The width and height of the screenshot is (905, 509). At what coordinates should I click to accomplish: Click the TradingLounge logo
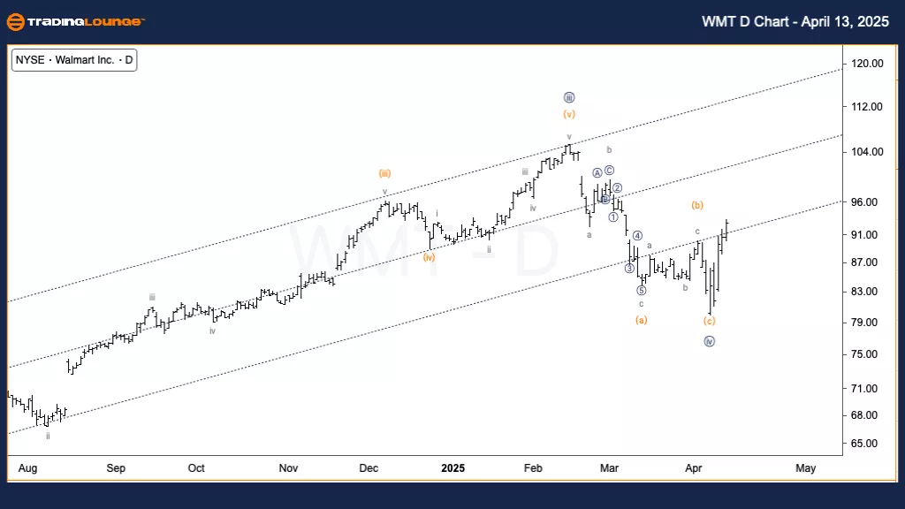tap(75, 21)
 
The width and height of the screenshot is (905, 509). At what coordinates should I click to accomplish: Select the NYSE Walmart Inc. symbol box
tap(75, 61)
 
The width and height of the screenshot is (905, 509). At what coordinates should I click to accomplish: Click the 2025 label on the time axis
tap(453, 467)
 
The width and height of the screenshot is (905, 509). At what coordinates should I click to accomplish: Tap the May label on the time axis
tap(805, 467)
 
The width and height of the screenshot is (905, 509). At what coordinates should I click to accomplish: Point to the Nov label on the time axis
tap(287, 467)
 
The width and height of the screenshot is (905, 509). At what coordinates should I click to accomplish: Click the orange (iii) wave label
tap(385, 173)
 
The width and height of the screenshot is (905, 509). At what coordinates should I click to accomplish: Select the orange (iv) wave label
tap(429, 257)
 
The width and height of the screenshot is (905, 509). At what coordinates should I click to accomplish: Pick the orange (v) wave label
tap(569, 114)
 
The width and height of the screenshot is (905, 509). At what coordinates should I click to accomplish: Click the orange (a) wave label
tap(642, 319)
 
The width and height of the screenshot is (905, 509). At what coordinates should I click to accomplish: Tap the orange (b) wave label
tap(697, 205)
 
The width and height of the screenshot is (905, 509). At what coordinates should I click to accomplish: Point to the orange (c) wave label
tap(709, 321)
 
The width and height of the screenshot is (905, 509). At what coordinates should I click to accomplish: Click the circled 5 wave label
tap(642, 290)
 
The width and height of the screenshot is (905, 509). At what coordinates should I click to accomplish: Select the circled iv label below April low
tap(709, 341)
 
